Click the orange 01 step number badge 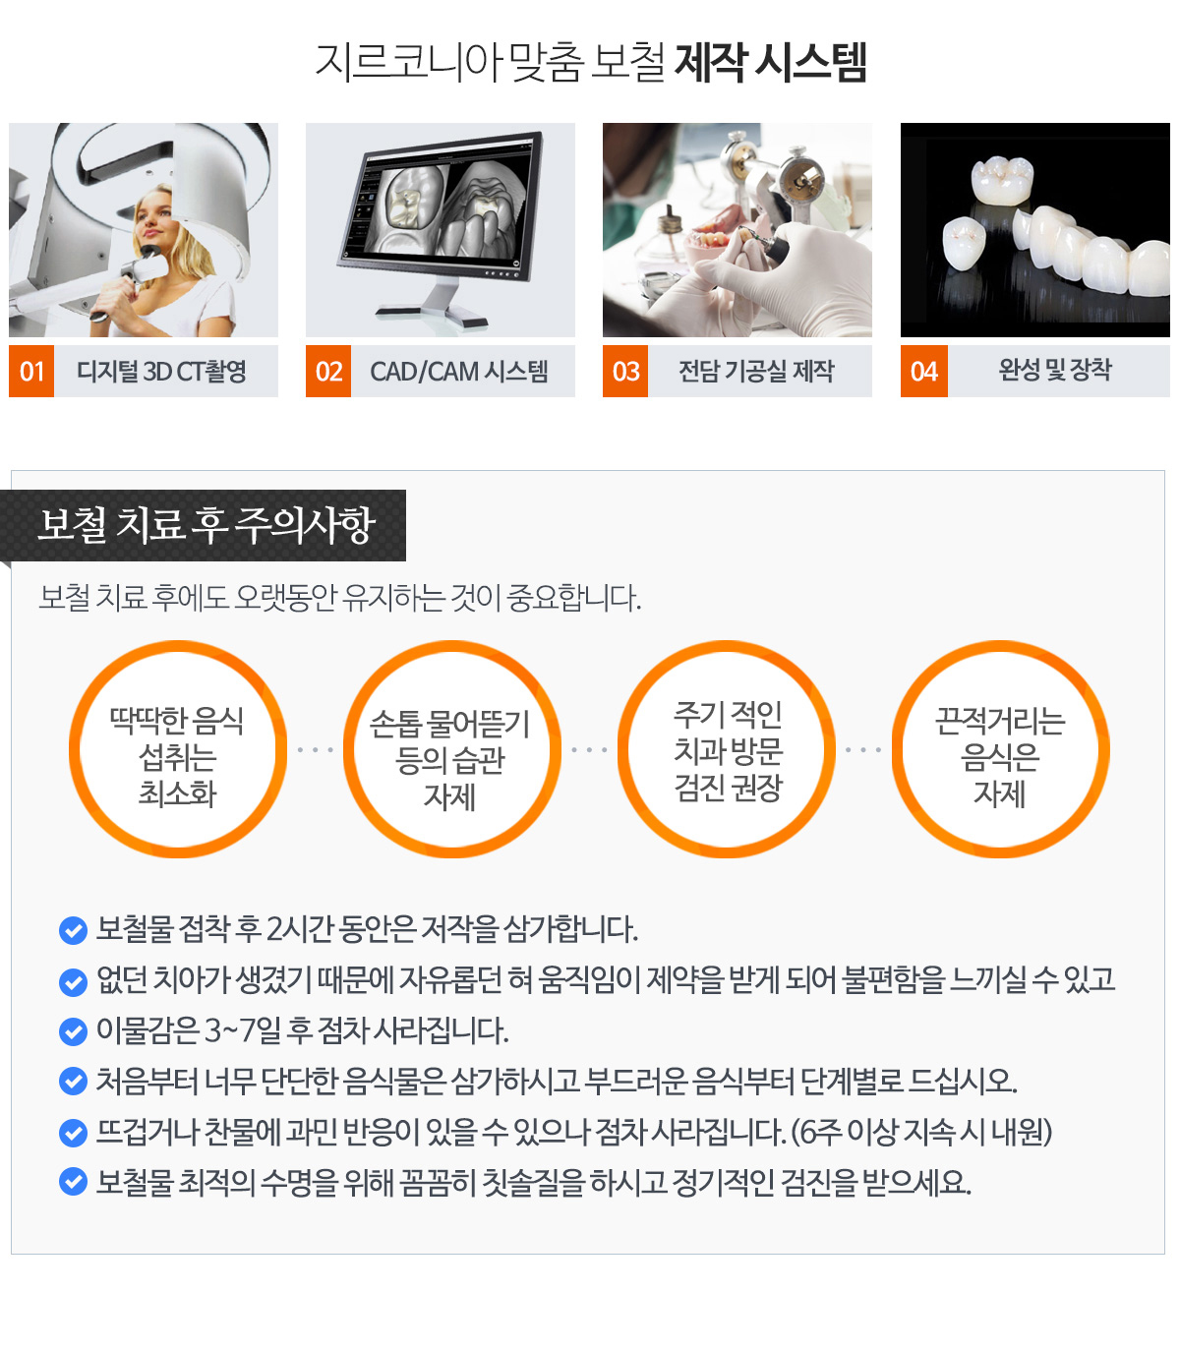[31, 371]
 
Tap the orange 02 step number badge [328, 371]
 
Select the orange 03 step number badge [625, 371]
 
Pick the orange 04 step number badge [923, 371]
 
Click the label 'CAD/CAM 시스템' [458, 372]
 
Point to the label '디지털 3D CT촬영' [161, 372]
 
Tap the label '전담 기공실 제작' [756, 371]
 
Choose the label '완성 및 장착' [1054, 370]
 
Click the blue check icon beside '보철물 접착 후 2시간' [73, 930]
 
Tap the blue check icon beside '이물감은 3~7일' [73, 1032]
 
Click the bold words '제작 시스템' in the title [770, 62]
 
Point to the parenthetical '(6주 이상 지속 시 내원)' [921, 1133]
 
